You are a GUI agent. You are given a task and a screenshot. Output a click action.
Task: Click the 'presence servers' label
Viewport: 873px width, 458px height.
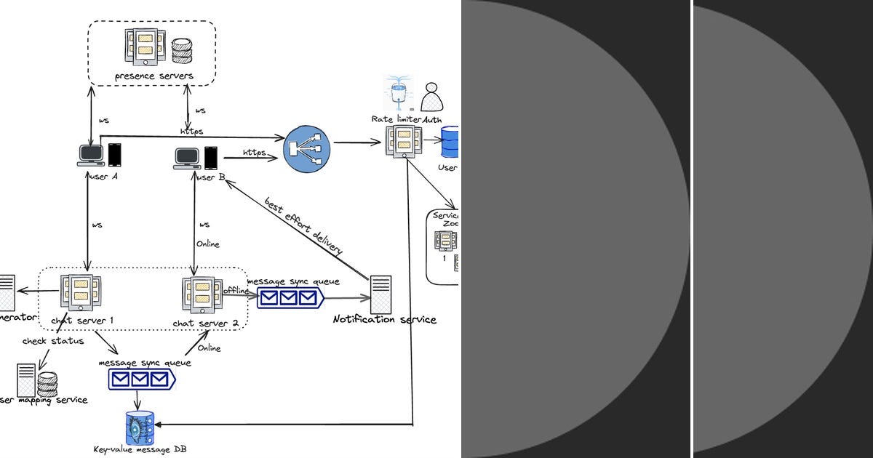coord(154,76)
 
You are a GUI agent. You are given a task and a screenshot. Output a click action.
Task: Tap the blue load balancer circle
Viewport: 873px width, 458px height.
coord(306,150)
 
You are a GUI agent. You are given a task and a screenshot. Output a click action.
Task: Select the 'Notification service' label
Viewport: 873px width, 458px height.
coord(384,319)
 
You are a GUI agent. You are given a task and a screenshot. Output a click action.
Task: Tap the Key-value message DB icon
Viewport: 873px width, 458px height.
coord(140,427)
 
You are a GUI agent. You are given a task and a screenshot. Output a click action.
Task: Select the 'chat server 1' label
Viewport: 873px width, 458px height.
coord(82,321)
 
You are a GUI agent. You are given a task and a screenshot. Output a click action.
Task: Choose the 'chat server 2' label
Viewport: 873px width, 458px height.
coord(206,323)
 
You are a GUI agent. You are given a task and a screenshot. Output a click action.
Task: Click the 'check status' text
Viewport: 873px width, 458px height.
coord(52,340)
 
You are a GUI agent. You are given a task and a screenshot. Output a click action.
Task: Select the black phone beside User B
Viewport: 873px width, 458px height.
coord(211,158)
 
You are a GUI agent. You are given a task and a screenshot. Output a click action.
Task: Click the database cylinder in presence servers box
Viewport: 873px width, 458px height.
coord(181,52)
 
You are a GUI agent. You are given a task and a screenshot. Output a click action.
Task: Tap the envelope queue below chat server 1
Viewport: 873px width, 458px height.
coord(142,379)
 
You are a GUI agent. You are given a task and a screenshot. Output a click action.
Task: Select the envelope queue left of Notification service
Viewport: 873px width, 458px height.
coord(290,297)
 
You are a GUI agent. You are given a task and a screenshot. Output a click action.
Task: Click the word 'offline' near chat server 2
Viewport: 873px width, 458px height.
coord(236,290)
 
